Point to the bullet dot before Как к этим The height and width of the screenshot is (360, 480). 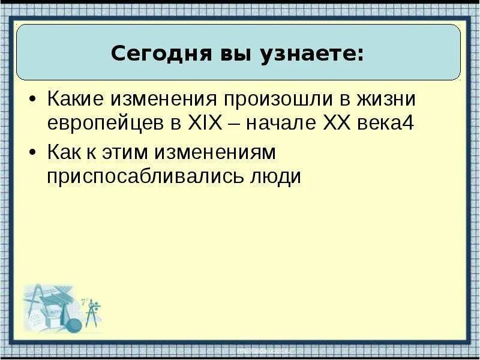click(x=34, y=154)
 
